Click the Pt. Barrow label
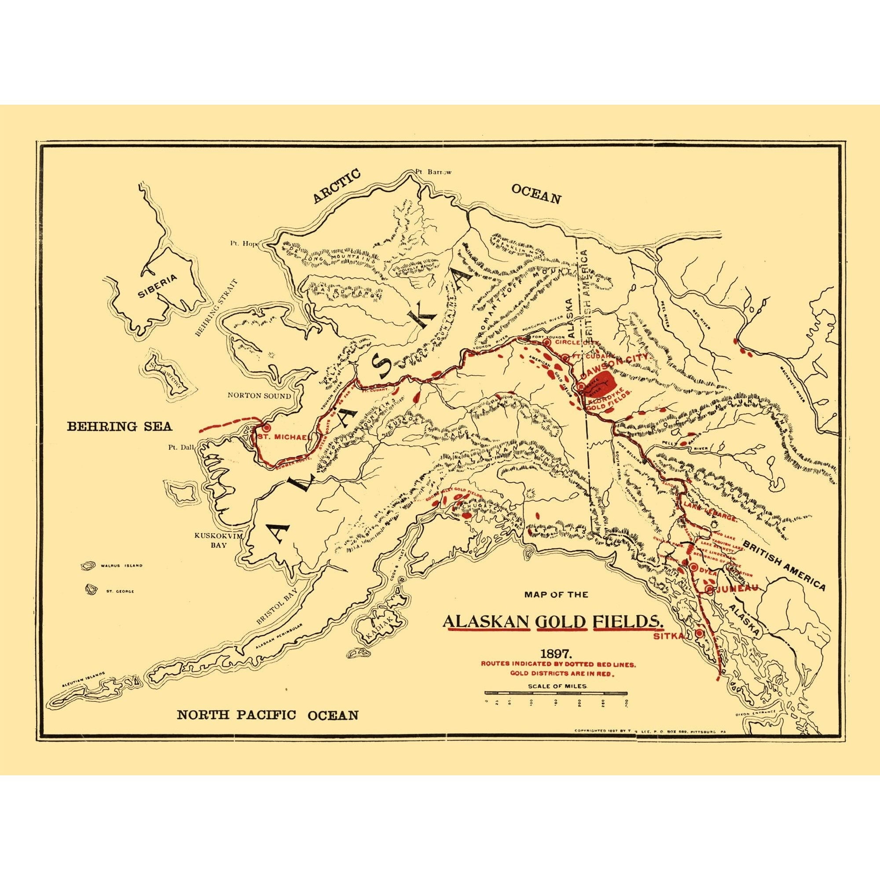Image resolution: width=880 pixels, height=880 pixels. click(433, 172)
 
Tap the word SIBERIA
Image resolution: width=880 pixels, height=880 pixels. click(157, 287)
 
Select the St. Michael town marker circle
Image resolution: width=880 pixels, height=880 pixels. click(267, 428)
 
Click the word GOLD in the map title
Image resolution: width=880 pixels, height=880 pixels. click(561, 622)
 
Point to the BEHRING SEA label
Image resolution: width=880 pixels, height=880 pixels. click(120, 426)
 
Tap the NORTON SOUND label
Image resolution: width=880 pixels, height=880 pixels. click(259, 396)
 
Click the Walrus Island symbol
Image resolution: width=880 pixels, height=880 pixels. click(86, 566)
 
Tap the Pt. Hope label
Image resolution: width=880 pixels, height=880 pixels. click(244, 243)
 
